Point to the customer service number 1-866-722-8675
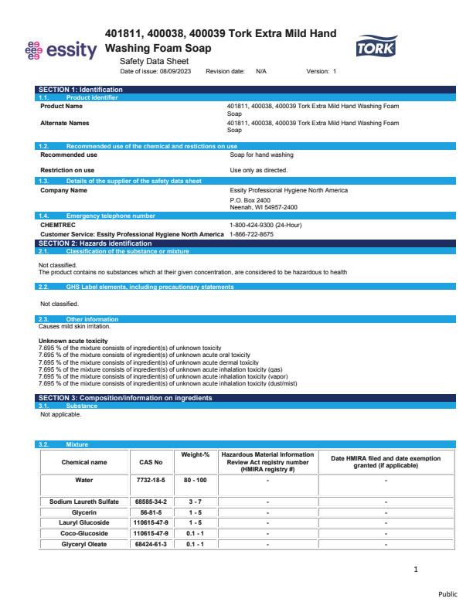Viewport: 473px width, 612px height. (251, 234)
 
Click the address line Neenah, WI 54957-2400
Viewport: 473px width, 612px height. (264, 207)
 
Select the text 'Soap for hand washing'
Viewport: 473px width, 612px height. (261, 155)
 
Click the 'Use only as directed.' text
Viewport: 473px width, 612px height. (259, 170)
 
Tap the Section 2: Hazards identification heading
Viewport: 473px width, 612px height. (91, 243)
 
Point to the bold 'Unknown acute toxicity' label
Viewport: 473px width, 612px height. (73, 341)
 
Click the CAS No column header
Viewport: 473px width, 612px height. (151, 462)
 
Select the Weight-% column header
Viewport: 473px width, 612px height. (195, 455)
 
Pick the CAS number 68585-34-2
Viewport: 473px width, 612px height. (151, 501)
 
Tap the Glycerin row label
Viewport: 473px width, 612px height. (84, 512)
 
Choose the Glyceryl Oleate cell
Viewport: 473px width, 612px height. (84, 544)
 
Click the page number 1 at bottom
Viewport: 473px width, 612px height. (416, 569)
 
